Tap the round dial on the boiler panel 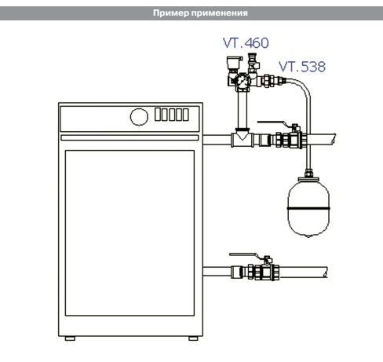tap(138, 115)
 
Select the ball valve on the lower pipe tap(258, 273)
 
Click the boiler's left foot tap(71, 338)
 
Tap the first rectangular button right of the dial tap(157, 115)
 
